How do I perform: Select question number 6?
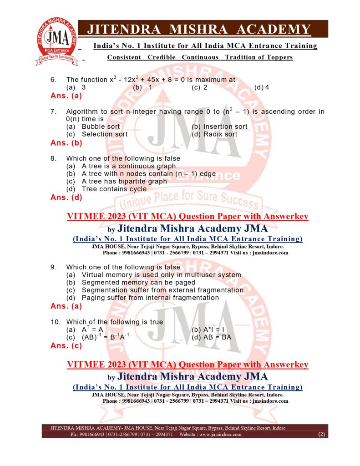tap(53, 80)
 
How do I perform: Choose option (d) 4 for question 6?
tap(262, 87)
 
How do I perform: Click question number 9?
tap(53, 267)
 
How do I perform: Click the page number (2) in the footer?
tap(321, 435)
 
